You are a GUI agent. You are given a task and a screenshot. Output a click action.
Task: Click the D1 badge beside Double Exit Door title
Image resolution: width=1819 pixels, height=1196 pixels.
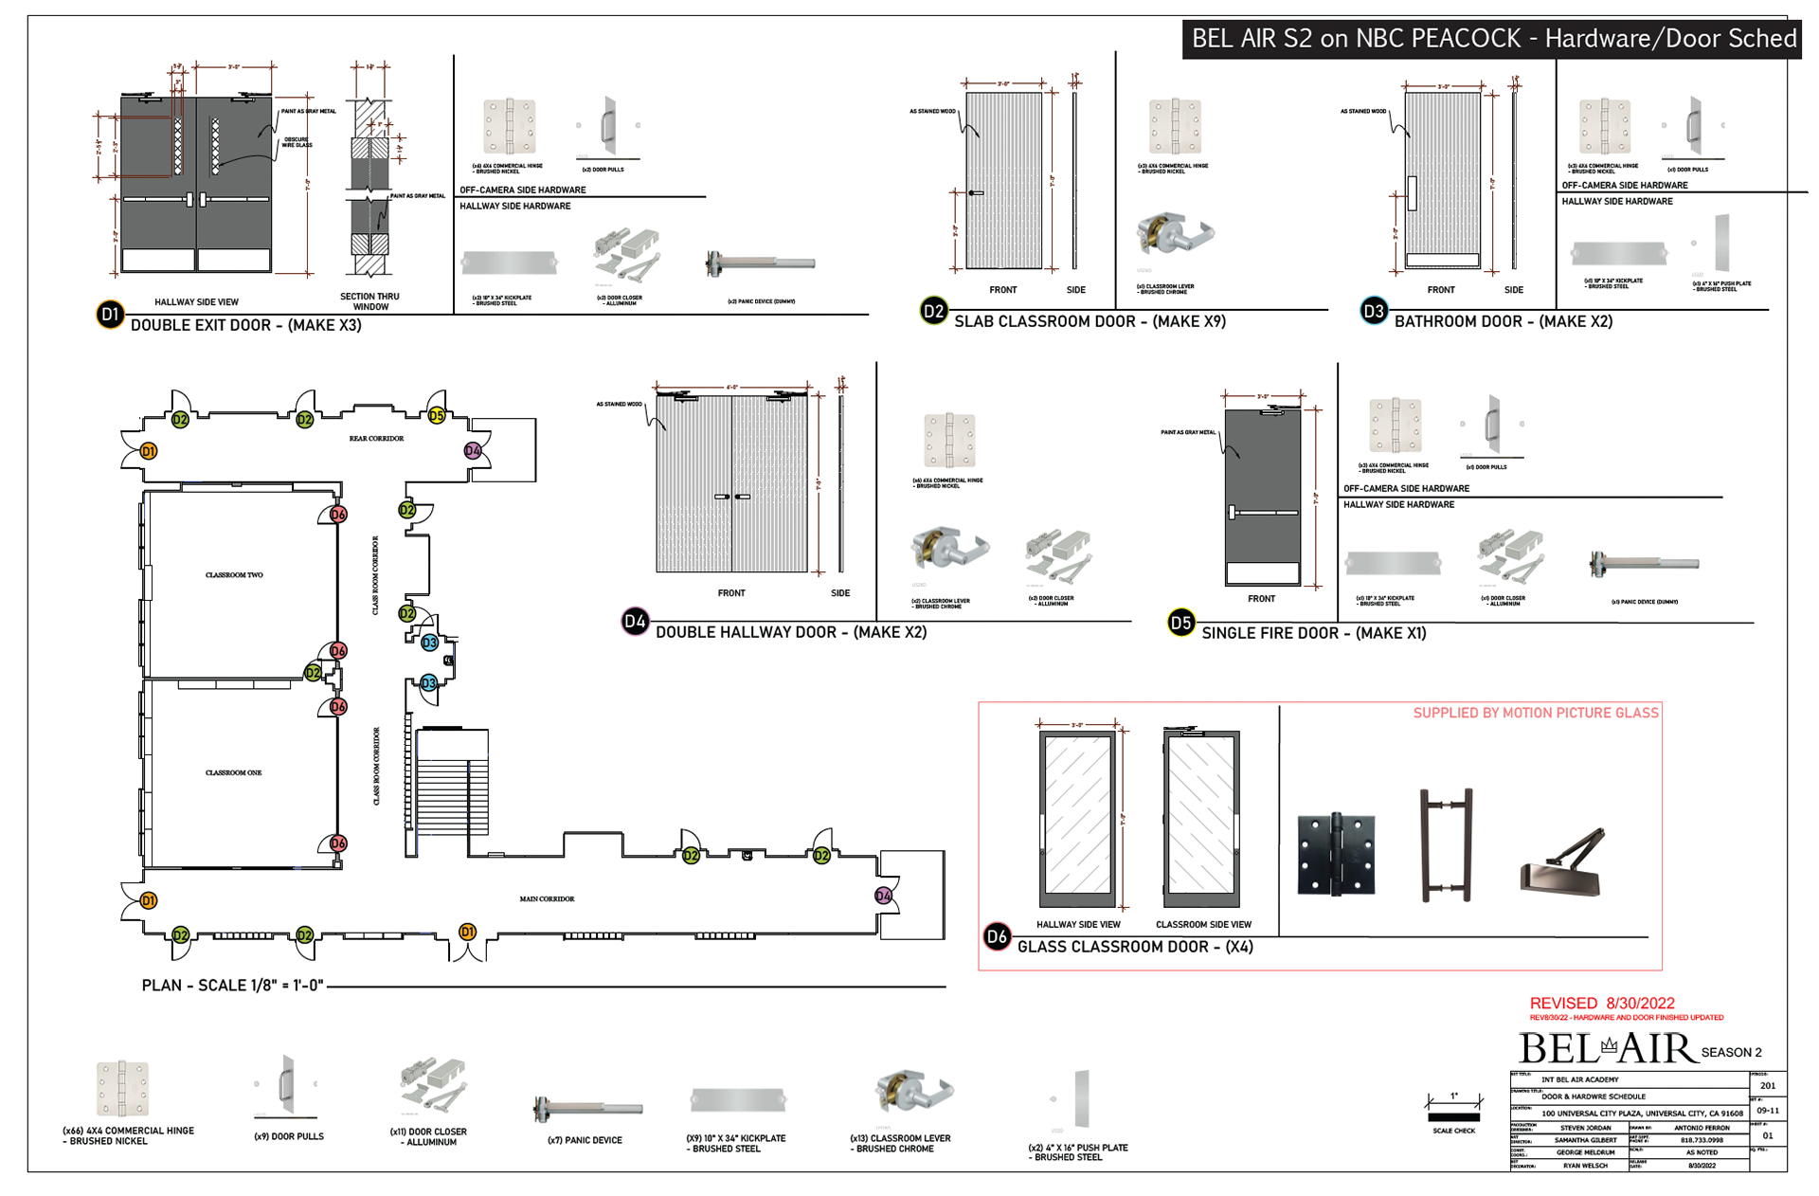pos(110,315)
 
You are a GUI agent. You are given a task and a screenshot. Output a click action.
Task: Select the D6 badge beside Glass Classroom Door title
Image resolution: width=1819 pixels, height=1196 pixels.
pos(997,937)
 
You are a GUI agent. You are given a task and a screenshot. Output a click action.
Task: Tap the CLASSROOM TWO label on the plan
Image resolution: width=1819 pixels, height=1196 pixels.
pos(234,575)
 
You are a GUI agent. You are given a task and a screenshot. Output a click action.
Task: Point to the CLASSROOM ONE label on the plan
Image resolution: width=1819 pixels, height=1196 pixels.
pos(233,772)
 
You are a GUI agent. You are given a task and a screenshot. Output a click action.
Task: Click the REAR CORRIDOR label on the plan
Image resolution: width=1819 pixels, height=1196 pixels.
pos(376,439)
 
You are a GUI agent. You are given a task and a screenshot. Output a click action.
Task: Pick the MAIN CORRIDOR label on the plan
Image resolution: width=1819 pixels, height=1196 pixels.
pos(547,898)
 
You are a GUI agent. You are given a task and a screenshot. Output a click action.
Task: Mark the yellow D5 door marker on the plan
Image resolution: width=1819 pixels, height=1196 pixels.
pos(436,416)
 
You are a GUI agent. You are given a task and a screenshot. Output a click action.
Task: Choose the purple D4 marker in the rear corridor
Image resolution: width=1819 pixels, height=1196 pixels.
pos(473,451)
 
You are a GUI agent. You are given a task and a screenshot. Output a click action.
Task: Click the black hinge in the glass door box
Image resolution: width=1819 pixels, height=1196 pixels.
pos(1336,854)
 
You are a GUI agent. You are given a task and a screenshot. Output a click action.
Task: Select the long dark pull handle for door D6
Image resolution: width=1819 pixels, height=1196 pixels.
pos(1446,843)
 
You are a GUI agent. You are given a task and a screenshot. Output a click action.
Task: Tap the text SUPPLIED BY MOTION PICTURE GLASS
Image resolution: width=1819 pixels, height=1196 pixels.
pos(1535,713)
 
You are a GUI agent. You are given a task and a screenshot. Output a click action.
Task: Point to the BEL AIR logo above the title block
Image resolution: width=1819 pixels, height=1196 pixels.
pos(1607,1048)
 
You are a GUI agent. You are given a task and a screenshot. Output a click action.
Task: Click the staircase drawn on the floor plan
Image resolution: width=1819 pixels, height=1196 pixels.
pos(452,782)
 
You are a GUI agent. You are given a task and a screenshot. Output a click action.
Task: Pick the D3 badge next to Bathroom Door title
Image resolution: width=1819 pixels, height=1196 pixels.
pos(1373,311)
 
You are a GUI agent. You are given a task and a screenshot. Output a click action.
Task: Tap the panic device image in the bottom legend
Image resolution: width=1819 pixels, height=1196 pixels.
pos(587,1107)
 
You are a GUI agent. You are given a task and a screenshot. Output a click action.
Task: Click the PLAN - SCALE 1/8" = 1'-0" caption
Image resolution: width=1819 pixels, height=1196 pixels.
pos(232,986)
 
